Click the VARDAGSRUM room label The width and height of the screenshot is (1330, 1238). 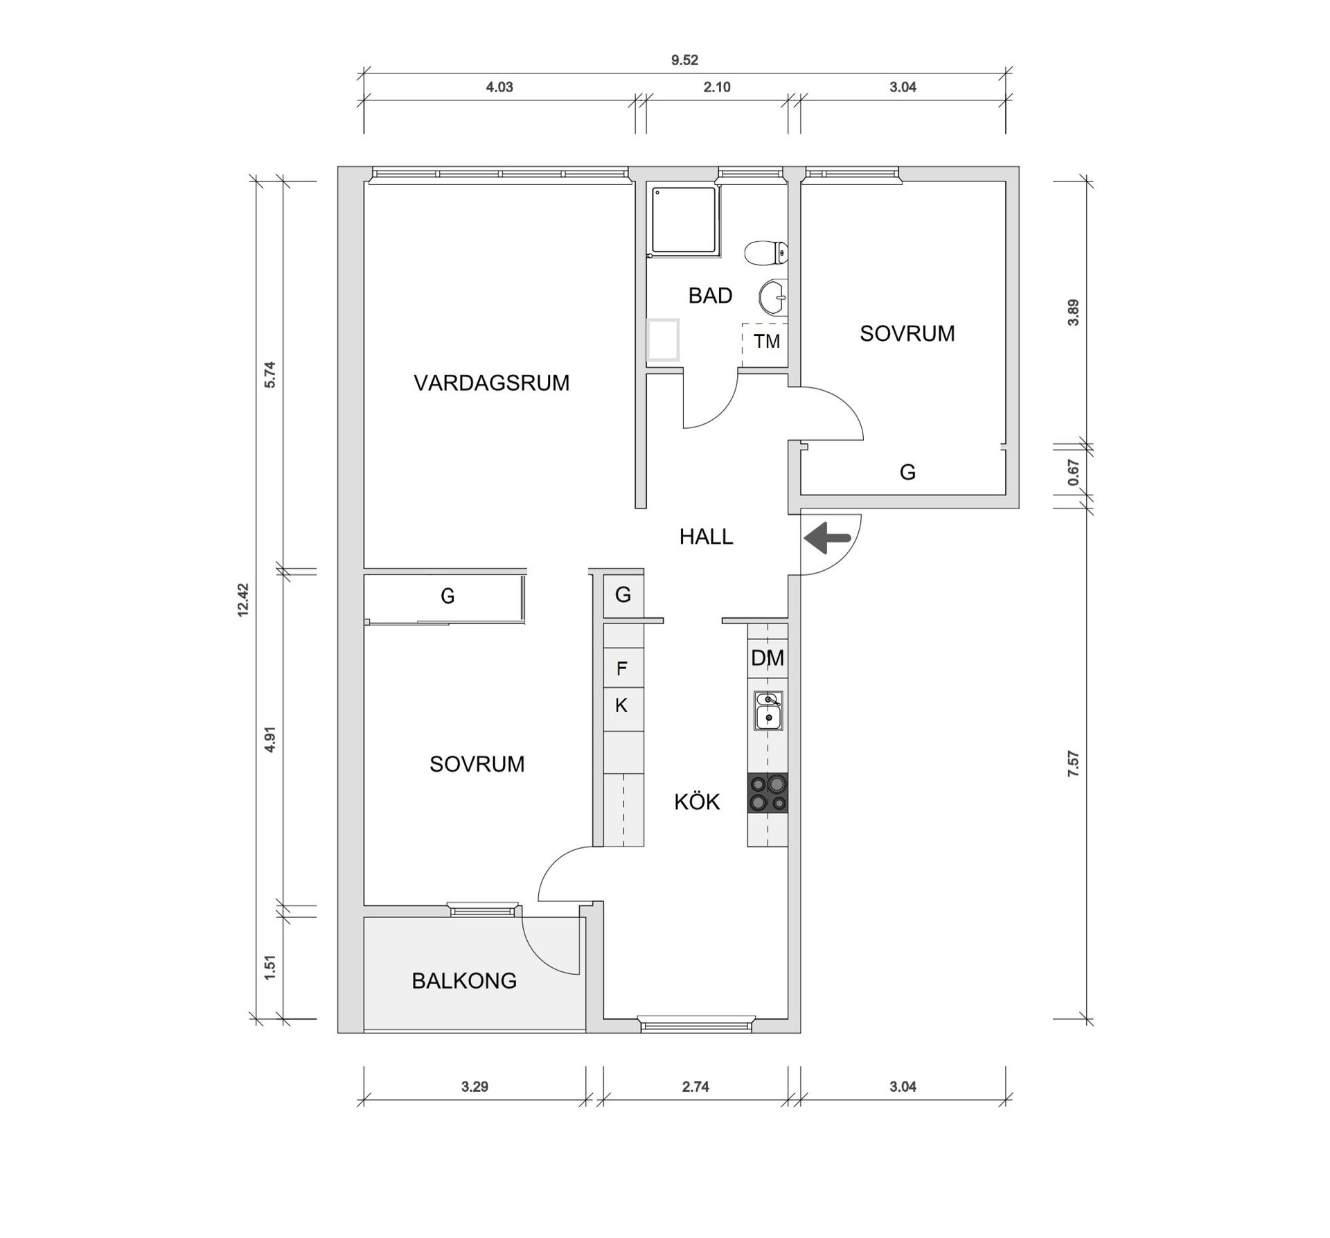(x=491, y=382)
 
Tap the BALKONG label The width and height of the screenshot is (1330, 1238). (x=464, y=981)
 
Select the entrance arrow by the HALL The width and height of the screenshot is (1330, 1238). (x=827, y=538)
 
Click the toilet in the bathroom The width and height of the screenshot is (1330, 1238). (x=766, y=253)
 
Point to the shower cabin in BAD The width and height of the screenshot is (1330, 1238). (x=684, y=220)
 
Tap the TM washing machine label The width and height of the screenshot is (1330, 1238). (x=767, y=341)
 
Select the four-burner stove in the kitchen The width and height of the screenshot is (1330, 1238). (x=768, y=793)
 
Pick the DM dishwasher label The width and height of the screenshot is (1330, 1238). (x=768, y=658)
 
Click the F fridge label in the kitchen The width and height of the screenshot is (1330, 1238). (x=622, y=669)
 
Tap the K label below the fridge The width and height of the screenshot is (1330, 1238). (x=621, y=705)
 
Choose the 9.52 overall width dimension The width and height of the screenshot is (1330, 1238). (x=684, y=60)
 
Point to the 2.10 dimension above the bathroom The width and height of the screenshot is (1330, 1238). (x=717, y=87)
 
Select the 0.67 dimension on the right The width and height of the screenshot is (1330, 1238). (x=1073, y=472)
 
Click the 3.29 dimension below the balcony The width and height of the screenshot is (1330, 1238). (x=475, y=1087)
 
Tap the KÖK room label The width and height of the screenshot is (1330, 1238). (x=697, y=802)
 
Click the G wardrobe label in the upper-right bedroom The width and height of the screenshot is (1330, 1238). (x=907, y=472)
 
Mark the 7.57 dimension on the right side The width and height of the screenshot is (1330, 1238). (x=1073, y=763)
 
